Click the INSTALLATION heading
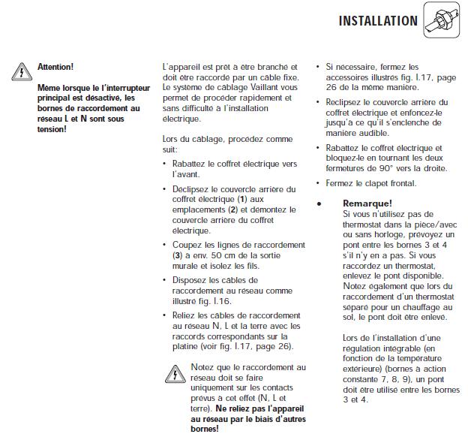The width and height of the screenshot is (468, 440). pyautogui.click(x=378, y=21)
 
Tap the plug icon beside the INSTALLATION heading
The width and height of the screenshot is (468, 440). pyautogui.click(x=441, y=20)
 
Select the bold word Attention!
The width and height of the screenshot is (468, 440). pyautogui.click(x=55, y=67)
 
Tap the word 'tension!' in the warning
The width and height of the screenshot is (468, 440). pyautogui.click(x=52, y=128)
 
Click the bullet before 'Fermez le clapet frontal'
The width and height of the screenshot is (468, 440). pyautogui.click(x=319, y=183)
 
